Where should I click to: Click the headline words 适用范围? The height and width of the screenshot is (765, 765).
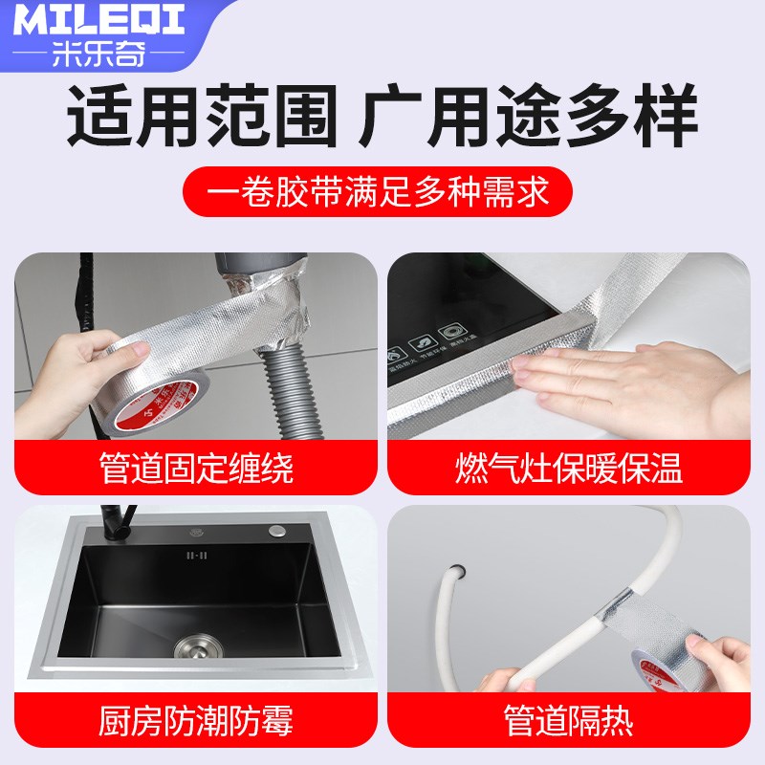click(202, 116)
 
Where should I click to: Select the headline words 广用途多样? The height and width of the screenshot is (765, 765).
click(528, 116)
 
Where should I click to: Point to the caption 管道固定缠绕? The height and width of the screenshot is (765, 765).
click(196, 470)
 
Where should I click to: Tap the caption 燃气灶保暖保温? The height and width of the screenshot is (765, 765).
click(568, 470)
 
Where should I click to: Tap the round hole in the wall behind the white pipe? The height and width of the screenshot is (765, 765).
click(457, 571)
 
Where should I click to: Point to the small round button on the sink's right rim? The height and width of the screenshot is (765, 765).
click(278, 529)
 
